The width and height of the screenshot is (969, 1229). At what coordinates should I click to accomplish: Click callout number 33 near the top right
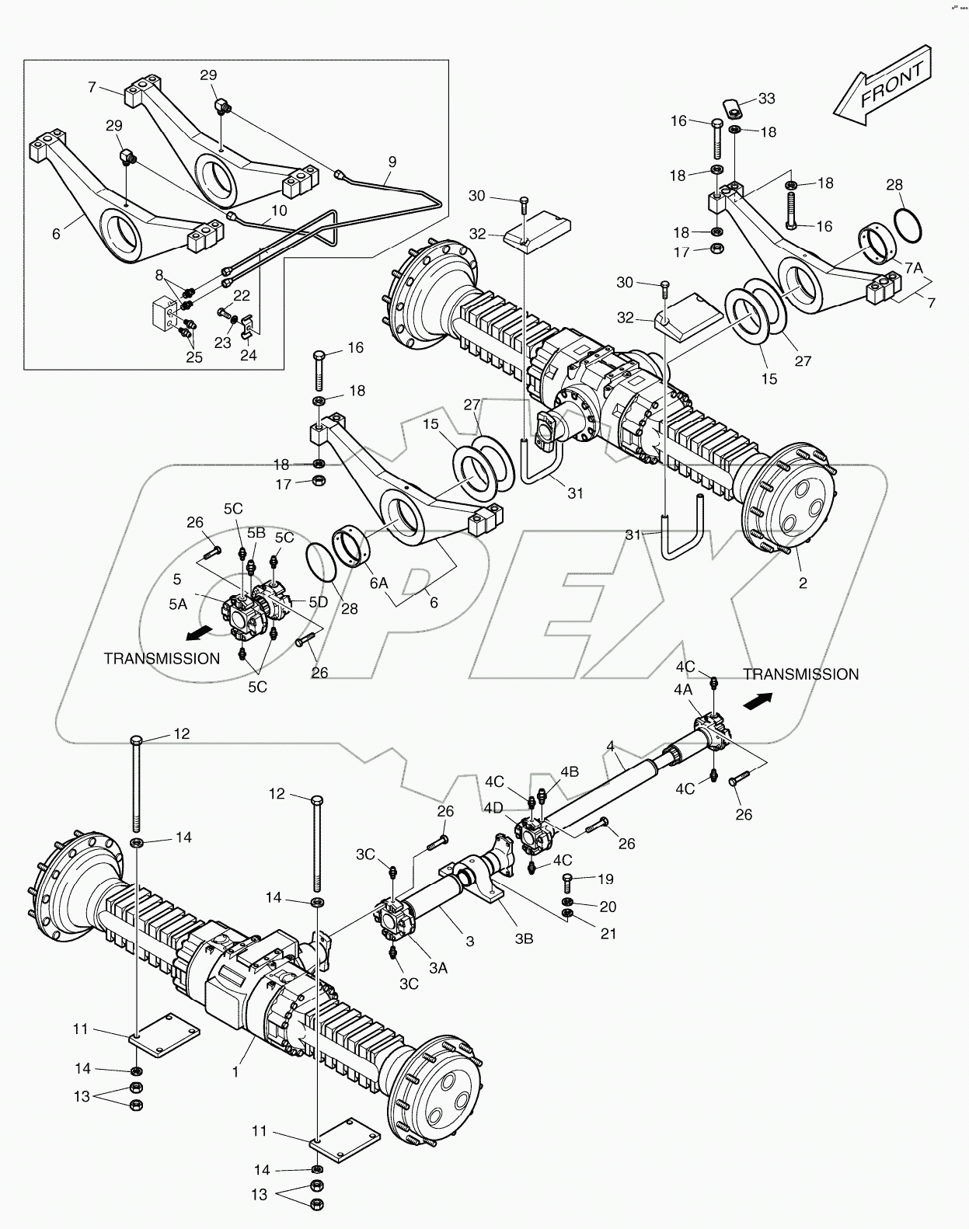click(766, 99)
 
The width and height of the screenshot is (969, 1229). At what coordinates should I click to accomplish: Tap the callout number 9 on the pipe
click(392, 162)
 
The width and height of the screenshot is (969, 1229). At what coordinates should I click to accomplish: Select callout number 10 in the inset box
click(279, 211)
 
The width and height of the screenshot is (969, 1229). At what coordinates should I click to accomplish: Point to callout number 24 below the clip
click(248, 355)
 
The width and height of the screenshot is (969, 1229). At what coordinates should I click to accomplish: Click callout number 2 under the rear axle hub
click(803, 583)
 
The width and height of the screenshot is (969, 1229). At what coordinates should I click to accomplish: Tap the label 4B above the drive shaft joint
click(570, 772)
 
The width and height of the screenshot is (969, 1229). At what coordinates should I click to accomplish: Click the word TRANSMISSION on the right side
click(800, 674)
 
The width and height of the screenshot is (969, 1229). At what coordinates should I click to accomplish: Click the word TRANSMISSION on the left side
click(162, 659)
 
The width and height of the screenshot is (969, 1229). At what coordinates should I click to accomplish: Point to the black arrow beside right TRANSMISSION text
click(757, 702)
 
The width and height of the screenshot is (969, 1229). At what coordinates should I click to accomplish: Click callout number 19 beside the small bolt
click(605, 879)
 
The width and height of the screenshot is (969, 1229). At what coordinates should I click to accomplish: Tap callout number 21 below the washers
click(608, 933)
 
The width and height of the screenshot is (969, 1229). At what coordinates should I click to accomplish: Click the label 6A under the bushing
click(378, 583)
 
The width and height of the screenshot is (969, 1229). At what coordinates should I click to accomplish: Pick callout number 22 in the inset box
click(242, 295)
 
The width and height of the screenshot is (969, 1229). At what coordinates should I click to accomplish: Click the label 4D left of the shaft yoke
click(492, 809)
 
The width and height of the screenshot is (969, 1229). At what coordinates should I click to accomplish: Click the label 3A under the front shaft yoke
click(437, 968)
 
